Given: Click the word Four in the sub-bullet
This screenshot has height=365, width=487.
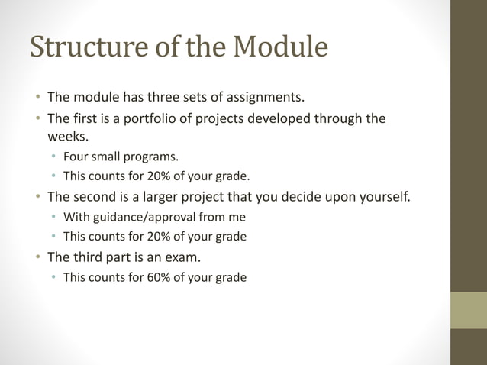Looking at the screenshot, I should point(76,157).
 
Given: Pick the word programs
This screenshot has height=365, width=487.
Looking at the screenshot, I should point(153,158).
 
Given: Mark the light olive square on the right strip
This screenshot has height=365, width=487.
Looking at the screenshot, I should point(468,310).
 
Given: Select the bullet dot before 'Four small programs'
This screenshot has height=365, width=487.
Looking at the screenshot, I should point(54,158).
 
